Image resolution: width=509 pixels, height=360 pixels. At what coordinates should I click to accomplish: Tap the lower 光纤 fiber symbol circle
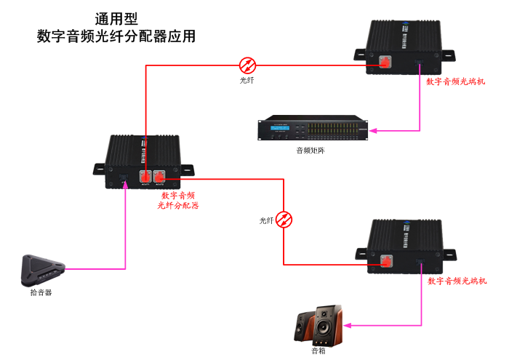tap(284, 218)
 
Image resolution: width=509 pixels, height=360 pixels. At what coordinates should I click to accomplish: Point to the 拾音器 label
tap(41, 292)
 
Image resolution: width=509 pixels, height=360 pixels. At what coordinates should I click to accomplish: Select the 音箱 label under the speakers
tap(318, 351)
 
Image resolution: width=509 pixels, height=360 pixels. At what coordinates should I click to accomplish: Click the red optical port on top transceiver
tap(386, 65)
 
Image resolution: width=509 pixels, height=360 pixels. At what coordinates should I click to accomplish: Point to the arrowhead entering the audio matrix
tap(372, 131)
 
